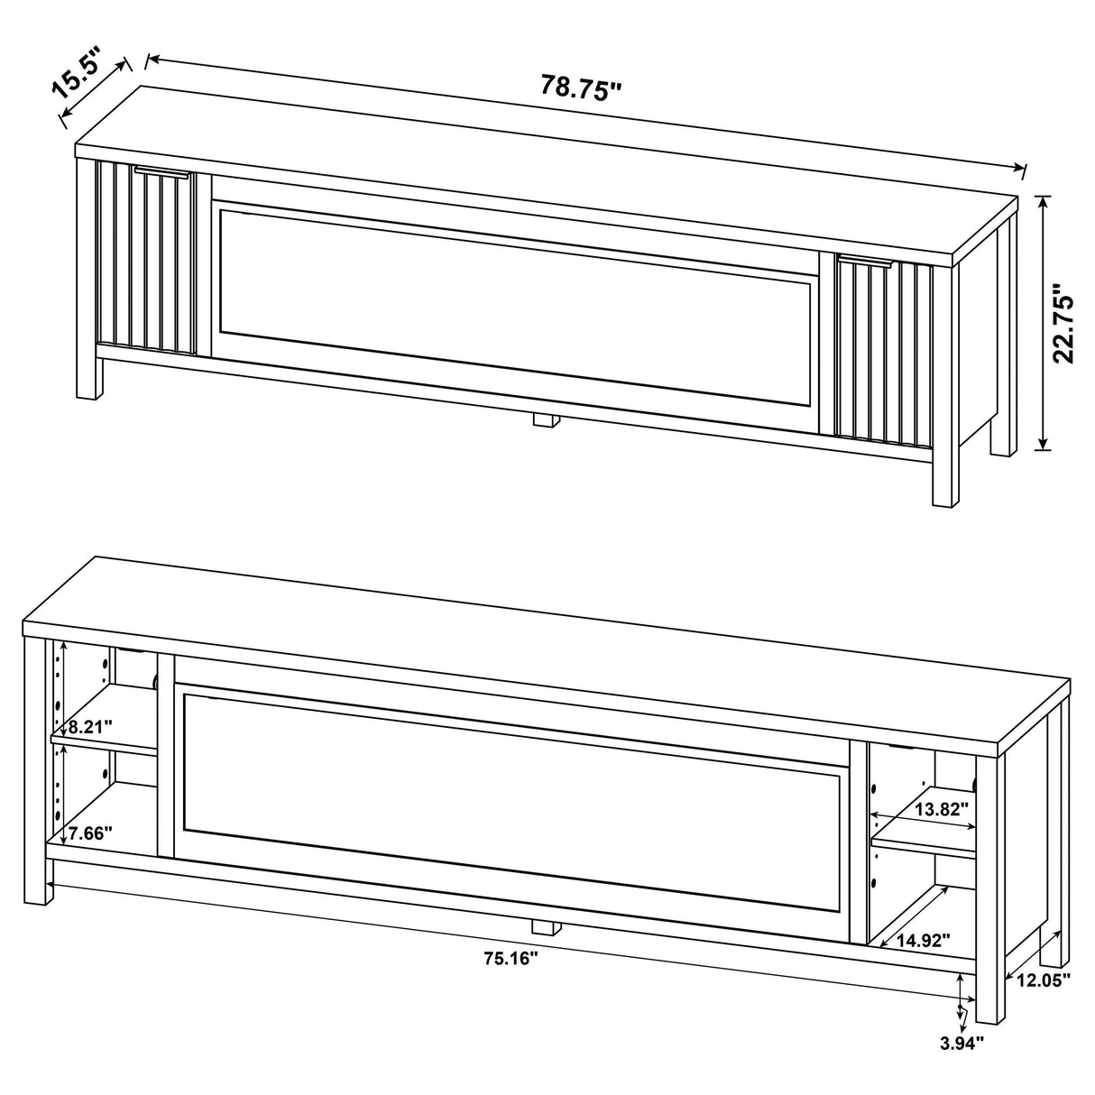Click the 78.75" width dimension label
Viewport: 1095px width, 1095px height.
click(582, 87)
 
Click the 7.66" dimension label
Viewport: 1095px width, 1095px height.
click(89, 833)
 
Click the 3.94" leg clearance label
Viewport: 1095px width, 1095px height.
click(962, 1044)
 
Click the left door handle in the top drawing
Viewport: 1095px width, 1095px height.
click(162, 171)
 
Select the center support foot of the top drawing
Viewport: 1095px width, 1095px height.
click(544, 419)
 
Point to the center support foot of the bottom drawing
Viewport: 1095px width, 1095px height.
click(543, 926)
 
